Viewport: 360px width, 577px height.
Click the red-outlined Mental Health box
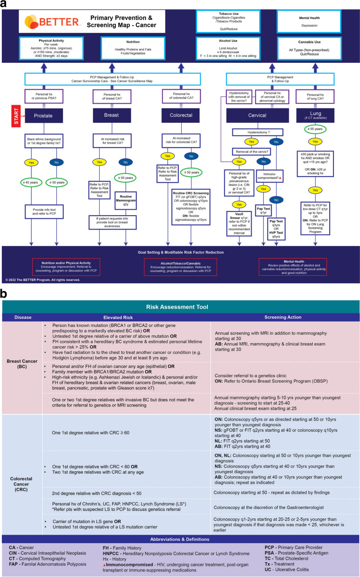tap(292, 266)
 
